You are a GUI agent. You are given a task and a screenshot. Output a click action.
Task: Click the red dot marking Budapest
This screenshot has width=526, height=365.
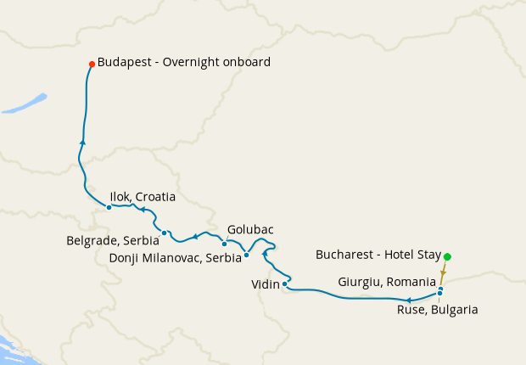pyautogui.click(x=92, y=63)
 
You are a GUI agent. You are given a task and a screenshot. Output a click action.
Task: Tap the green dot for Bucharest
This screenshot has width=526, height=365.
pyautogui.click(x=447, y=256)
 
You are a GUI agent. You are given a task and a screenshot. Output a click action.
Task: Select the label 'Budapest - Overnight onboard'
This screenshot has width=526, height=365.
pyautogui.click(x=184, y=62)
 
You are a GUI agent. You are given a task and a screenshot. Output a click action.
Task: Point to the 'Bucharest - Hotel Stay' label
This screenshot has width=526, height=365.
pyautogui.click(x=378, y=254)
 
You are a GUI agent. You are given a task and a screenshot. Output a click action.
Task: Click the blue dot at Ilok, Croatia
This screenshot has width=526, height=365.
pyautogui.click(x=109, y=206)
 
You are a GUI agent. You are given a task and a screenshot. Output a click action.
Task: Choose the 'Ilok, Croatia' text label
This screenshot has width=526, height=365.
pyautogui.click(x=143, y=197)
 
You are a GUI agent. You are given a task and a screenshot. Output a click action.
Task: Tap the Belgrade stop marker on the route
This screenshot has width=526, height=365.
pyautogui.click(x=165, y=233)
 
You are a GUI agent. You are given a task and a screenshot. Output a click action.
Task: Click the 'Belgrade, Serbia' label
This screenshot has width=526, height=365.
pyautogui.click(x=113, y=241)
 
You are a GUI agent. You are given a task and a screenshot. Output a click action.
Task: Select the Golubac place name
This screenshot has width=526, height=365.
pyautogui.click(x=251, y=230)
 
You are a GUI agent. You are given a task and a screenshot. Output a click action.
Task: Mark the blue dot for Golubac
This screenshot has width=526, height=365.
pyautogui.click(x=224, y=244)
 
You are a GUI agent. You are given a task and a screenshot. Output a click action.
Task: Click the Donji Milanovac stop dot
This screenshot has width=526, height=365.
pyautogui.click(x=246, y=255)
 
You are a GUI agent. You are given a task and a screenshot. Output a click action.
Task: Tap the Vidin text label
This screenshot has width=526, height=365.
pyautogui.click(x=266, y=284)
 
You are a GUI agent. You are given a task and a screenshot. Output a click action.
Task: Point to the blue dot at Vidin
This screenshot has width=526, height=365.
pyautogui.click(x=284, y=284)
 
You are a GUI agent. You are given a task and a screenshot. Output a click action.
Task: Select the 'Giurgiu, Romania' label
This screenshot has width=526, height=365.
pyautogui.click(x=387, y=279)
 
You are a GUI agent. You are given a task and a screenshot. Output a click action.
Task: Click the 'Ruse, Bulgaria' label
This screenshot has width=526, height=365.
pyautogui.click(x=437, y=310)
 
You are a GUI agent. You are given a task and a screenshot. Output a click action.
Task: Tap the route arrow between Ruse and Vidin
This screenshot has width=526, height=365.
pyautogui.click(x=408, y=300)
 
